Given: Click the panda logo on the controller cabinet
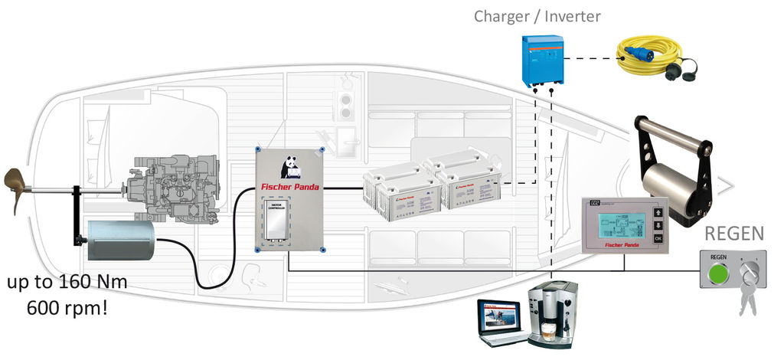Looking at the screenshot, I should (289, 167).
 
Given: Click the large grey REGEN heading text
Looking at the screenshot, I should (735, 233).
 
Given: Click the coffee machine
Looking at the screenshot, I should (553, 314).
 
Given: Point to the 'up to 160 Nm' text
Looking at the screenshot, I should (67, 283).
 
